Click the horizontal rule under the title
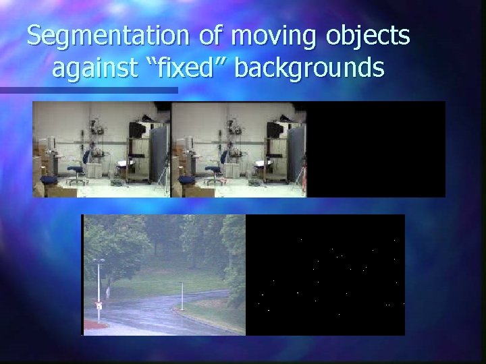pos(88,90)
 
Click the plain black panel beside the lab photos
pos(376,149)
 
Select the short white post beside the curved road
pos(181,296)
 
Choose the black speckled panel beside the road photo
pos(325,274)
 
